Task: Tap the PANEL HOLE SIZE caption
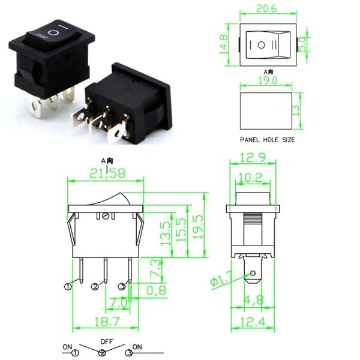tap(268, 139)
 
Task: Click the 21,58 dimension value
tap(106, 173)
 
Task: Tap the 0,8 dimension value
tap(157, 290)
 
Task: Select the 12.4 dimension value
tap(254, 322)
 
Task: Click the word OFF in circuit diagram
tap(107, 341)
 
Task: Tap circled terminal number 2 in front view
tap(95, 287)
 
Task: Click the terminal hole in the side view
tap(254, 275)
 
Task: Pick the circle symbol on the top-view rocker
tap(262, 46)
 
